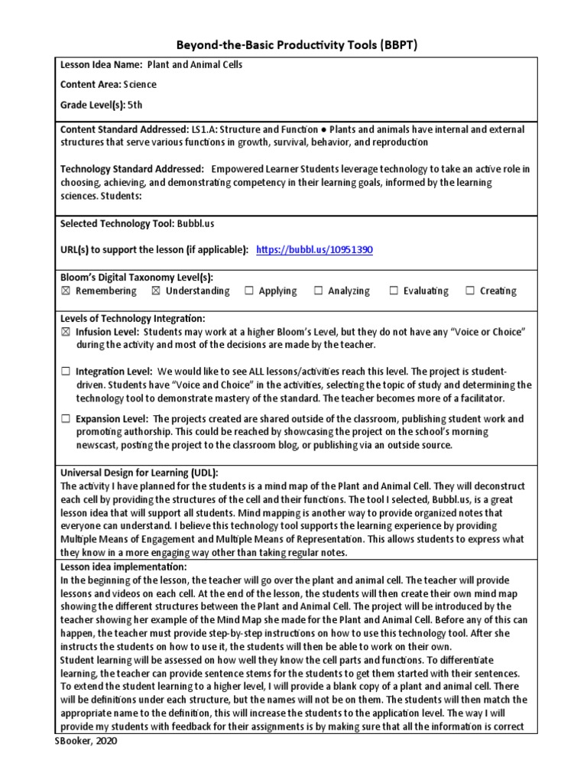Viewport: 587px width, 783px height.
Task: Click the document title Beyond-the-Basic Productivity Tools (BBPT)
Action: pyautogui.click(x=293, y=46)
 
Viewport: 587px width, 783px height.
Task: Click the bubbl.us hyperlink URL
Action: pyautogui.click(x=314, y=250)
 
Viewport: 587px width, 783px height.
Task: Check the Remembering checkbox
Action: pyautogui.click(x=65, y=291)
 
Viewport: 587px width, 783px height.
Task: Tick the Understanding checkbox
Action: pyautogui.click(x=156, y=291)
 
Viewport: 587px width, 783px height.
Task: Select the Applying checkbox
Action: pyautogui.click(x=249, y=291)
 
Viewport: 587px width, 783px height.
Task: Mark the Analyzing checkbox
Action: pyautogui.click(x=318, y=291)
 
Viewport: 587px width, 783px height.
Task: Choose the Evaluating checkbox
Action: pyautogui.click(x=394, y=291)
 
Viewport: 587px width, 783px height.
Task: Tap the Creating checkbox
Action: pyautogui.click(x=470, y=291)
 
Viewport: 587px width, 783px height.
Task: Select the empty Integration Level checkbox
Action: pyautogui.click(x=65, y=372)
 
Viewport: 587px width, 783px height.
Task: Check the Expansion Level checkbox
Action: pyautogui.click(x=65, y=419)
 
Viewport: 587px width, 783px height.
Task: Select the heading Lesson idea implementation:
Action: pyautogui.click(x=123, y=567)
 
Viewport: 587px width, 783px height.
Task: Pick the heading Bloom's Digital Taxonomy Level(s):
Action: pyautogui.click(x=137, y=277)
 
